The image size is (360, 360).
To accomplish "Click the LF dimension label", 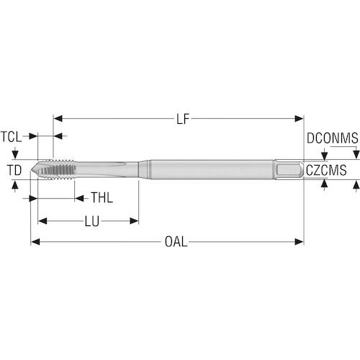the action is pyautogui.click(x=183, y=119).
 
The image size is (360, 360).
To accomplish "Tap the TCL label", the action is pyautogui.click(x=11, y=137).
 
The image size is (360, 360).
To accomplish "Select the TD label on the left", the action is pyautogui.click(x=14, y=170).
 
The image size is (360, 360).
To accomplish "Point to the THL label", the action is pyautogui.click(x=102, y=198).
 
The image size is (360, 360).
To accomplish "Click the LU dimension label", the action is pyautogui.click(x=92, y=221).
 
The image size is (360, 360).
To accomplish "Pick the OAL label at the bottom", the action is pyautogui.click(x=176, y=242).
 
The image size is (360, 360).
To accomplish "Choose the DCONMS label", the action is pyautogui.click(x=333, y=138).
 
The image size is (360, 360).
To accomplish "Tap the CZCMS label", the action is pyautogui.click(x=326, y=170).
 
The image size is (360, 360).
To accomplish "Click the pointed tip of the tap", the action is pyautogui.click(x=32, y=171).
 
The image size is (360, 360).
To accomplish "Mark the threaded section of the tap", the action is pyautogui.click(x=57, y=169).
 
